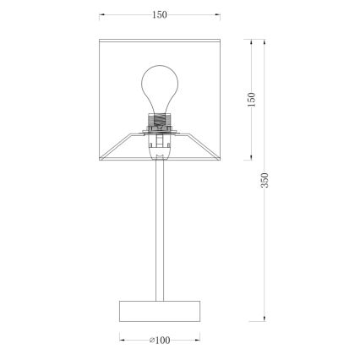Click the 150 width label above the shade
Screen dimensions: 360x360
click(x=159, y=14)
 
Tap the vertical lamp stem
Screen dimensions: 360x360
click(x=158, y=228)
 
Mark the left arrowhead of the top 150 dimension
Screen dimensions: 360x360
click(x=101, y=14)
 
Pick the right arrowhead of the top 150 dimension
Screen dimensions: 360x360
click(x=215, y=14)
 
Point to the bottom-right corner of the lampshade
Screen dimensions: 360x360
click(x=217, y=158)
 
